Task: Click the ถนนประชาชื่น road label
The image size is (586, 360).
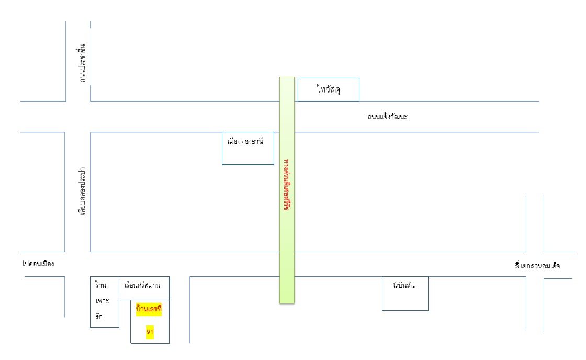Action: (x=82, y=64)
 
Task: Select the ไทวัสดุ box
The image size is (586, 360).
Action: (x=329, y=89)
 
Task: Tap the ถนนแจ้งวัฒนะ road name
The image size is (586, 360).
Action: (x=387, y=117)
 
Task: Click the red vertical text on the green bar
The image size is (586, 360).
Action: (x=287, y=183)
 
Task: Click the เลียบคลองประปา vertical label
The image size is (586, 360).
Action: (x=82, y=192)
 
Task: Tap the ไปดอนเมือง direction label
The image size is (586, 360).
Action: (x=38, y=264)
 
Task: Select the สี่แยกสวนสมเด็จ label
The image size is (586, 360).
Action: (x=537, y=266)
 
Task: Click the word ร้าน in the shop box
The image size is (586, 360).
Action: (x=100, y=285)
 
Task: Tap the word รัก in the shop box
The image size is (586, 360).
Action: (x=99, y=317)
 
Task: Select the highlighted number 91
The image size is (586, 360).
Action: (x=150, y=332)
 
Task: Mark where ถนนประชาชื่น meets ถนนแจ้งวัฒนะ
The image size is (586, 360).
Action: (x=78, y=117)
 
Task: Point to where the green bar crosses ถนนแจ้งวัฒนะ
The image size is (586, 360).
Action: (x=287, y=117)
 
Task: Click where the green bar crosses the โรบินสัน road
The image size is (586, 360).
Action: (x=287, y=264)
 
